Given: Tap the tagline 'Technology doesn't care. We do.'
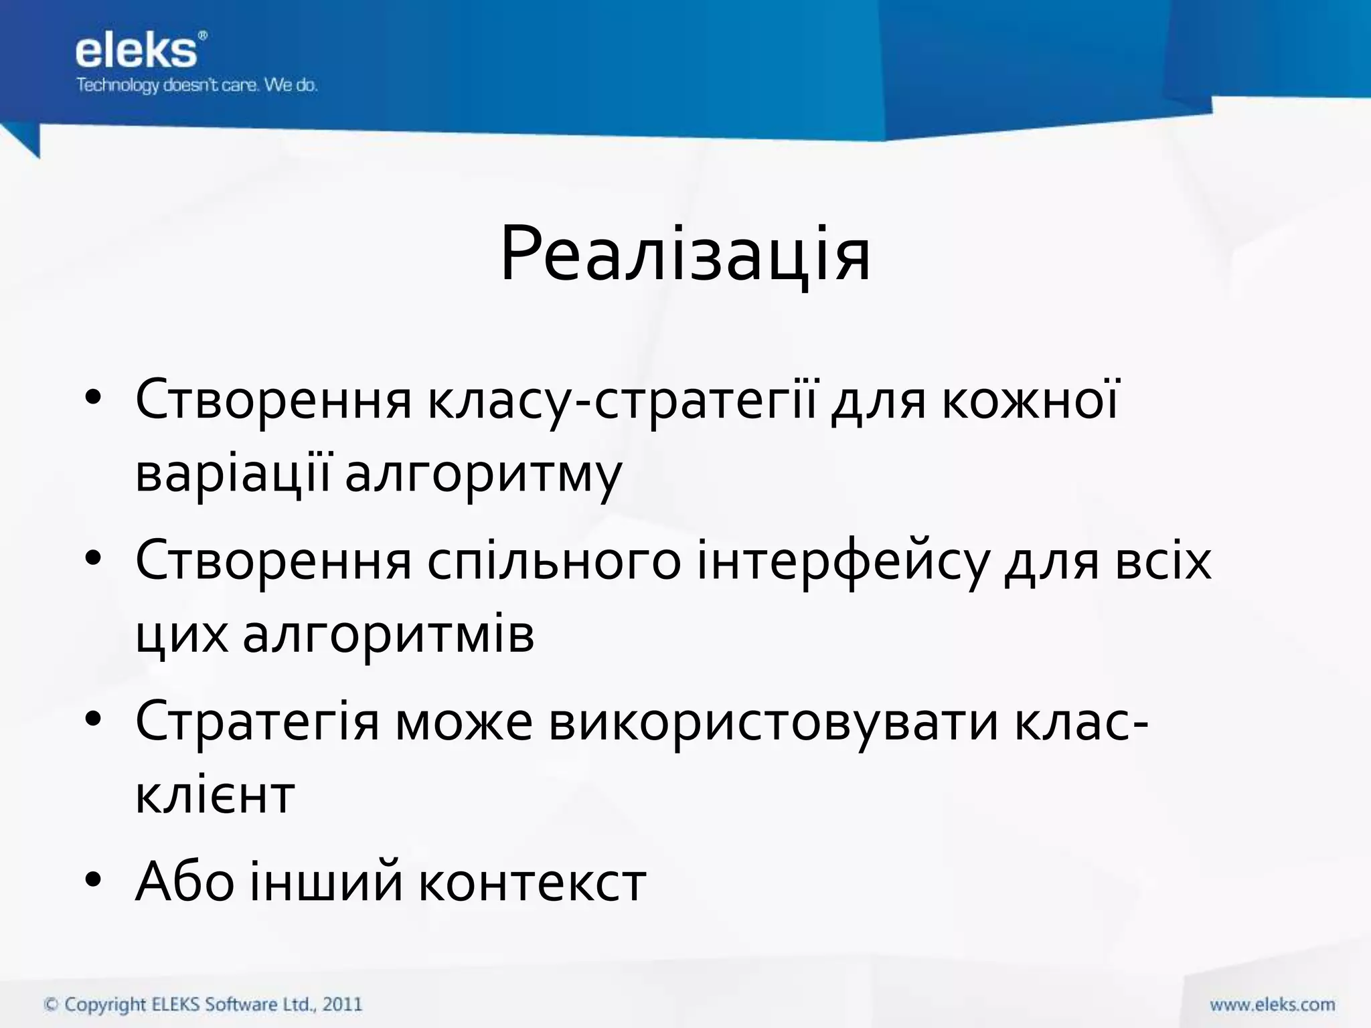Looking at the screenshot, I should coord(197,86).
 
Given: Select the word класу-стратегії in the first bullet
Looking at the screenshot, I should coord(622,400).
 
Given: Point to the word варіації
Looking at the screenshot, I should coord(232,474).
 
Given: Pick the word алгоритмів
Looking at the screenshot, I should coord(388,634).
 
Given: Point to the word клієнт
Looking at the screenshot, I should coord(215,795).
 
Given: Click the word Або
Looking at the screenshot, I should coord(185,882).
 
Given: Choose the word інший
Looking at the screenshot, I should coord(327,882).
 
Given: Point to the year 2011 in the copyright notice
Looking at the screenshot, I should coord(342,1005).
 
